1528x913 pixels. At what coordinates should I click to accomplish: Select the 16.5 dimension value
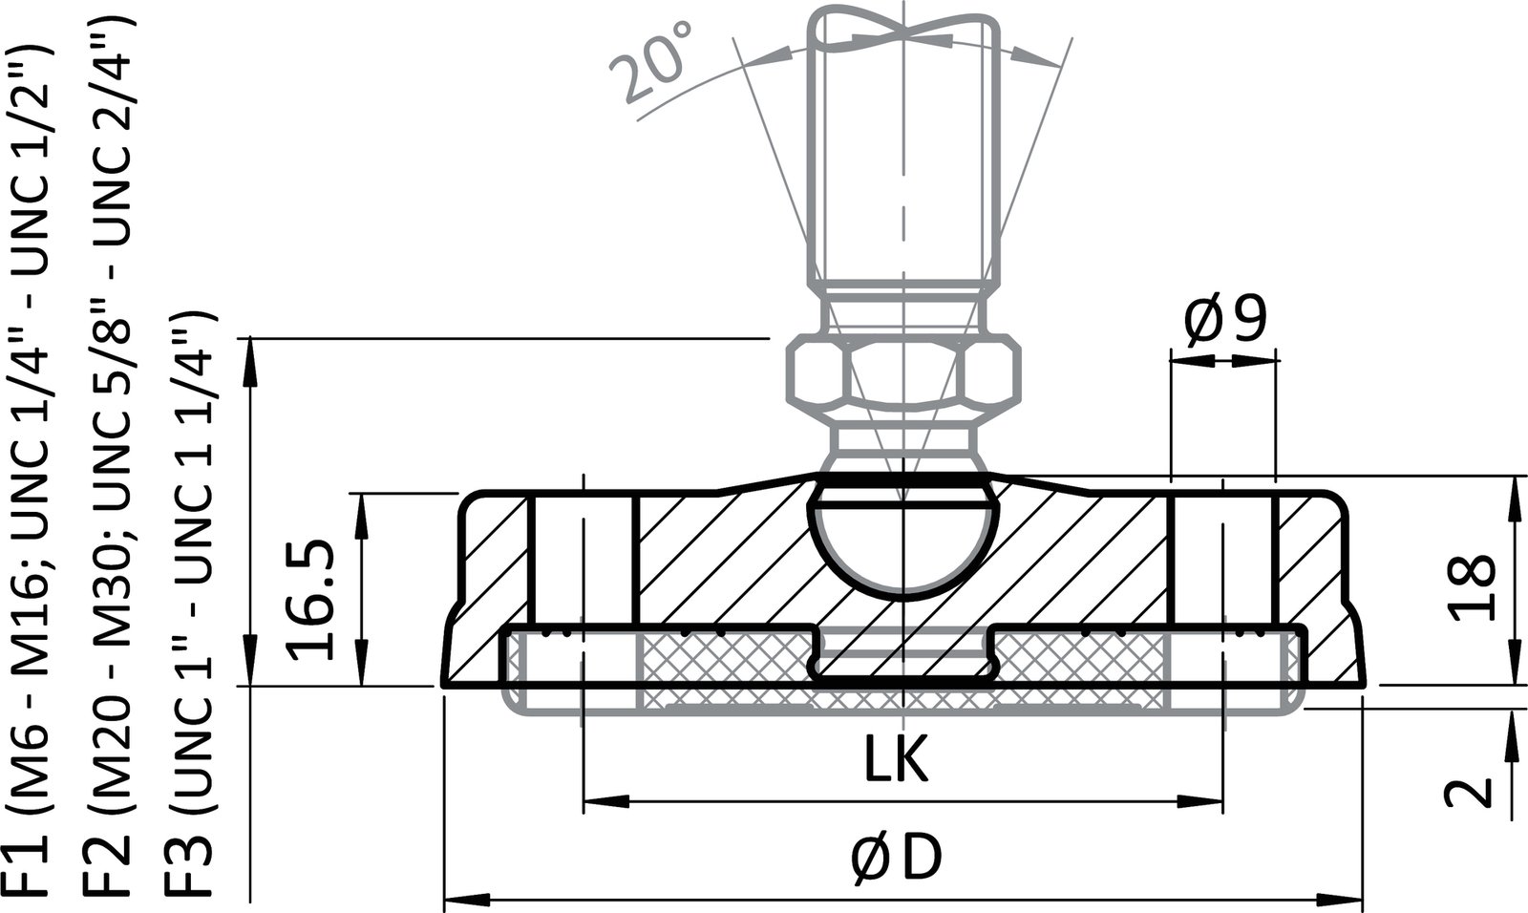pyautogui.click(x=312, y=600)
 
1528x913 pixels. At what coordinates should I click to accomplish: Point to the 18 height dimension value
pyautogui.click(x=1471, y=587)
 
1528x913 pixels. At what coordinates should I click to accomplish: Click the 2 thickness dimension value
pyautogui.click(x=1469, y=792)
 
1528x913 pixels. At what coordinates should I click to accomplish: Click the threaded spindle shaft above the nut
pyautogui.click(x=902, y=172)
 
